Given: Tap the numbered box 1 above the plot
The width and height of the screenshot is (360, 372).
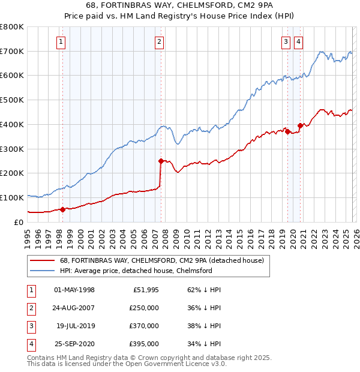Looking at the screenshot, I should [62, 41].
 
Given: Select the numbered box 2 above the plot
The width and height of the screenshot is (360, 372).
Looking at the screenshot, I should [159, 41].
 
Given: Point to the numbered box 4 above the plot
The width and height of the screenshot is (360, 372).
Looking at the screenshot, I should [298, 41].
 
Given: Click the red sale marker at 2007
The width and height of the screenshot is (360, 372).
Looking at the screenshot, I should [161, 161].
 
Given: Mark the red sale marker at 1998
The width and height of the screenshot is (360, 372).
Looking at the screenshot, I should [62, 209].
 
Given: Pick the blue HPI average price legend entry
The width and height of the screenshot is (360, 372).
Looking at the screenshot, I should [136, 271].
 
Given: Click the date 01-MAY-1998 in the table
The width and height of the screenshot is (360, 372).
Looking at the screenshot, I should [74, 290].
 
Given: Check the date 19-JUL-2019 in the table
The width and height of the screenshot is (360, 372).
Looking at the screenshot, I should [74, 326].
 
